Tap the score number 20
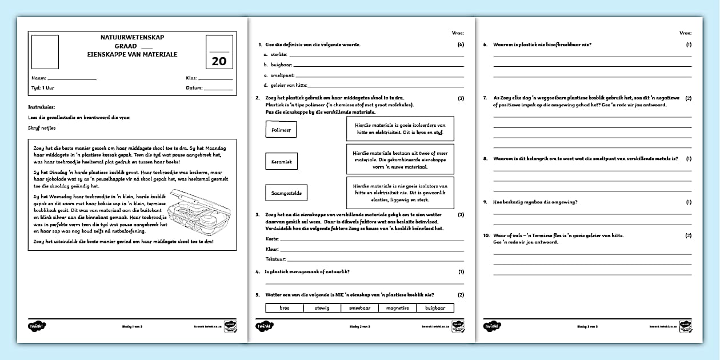click(x=219, y=61)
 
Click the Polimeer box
click(x=281, y=130)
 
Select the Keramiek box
click(x=281, y=162)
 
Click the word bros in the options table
click(x=285, y=308)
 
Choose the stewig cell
click(x=322, y=308)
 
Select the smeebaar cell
click(x=359, y=308)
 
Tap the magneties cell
click(x=397, y=308)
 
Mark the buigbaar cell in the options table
click(x=435, y=308)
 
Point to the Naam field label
click(x=38, y=78)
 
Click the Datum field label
click(x=194, y=88)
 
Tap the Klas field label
click(x=191, y=78)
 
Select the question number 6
click(x=485, y=44)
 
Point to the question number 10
click(x=486, y=235)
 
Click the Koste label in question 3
click(x=273, y=238)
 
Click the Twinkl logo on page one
click(x=37, y=326)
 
